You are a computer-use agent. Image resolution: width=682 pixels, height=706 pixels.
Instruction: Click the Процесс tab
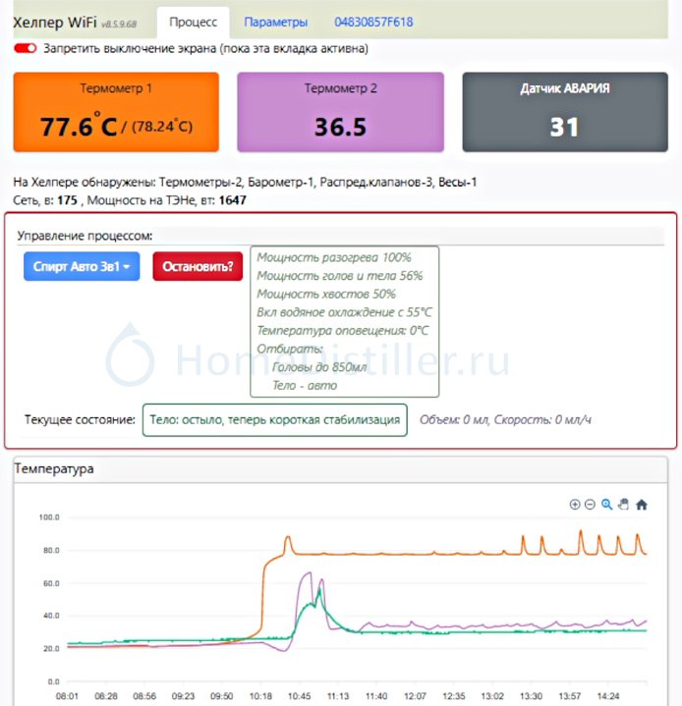point(193,22)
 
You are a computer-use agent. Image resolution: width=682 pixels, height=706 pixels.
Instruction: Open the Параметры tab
point(275,22)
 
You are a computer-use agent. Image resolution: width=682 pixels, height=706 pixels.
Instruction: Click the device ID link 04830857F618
point(373,22)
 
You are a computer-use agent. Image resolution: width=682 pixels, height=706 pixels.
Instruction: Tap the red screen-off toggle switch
point(25,48)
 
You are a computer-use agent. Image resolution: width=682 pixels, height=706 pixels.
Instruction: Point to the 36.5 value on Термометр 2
point(340,127)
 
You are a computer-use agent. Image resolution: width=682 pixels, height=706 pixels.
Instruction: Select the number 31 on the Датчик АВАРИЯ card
point(564,127)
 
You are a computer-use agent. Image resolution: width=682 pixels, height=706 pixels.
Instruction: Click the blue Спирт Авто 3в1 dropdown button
point(82,266)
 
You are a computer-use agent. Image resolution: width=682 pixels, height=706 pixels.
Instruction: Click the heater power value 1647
point(233,200)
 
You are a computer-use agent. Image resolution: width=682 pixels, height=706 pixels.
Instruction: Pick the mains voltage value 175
point(67,200)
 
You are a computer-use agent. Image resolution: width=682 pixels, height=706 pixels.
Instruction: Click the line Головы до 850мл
point(319,367)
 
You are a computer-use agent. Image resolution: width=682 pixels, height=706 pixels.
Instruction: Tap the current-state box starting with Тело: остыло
point(274,419)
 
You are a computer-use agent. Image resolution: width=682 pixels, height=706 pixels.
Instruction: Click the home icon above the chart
point(641,505)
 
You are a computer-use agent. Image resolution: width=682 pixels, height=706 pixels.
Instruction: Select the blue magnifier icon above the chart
point(606,505)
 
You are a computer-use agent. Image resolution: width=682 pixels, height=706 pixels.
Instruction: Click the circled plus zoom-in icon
point(575,505)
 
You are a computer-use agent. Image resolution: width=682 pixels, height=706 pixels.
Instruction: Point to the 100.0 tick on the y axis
point(49,517)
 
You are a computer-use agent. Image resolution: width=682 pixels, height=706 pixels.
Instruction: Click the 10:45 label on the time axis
point(300,696)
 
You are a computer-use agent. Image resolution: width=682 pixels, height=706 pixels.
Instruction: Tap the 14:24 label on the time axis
point(608,696)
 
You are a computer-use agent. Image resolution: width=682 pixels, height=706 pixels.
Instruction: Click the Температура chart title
point(54,468)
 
